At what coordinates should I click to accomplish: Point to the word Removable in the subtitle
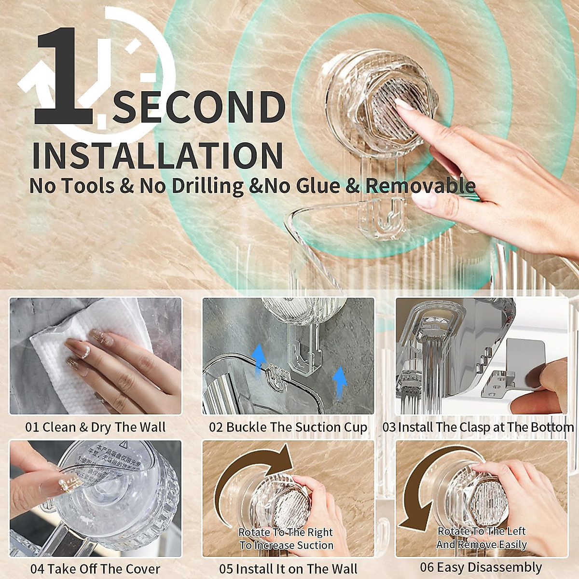[420, 186]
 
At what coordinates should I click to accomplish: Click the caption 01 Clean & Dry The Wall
[95, 427]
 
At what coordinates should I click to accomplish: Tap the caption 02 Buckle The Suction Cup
[288, 427]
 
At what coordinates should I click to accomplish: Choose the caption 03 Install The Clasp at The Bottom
[478, 427]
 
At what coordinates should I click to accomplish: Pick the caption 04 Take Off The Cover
[95, 568]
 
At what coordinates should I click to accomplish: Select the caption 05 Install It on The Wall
[288, 568]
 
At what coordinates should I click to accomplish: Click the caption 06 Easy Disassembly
[481, 567]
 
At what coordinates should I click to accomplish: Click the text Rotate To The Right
[286, 532]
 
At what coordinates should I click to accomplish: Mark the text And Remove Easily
[481, 545]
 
